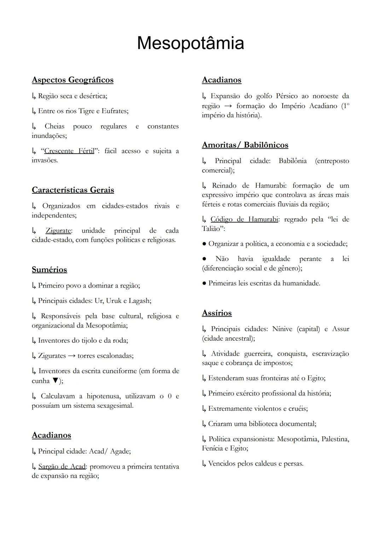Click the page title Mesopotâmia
(x=190, y=43)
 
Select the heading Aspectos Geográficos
(x=73, y=80)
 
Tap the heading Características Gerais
(x=73, y=190)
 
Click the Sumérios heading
(x=50, y=270)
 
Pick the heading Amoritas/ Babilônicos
(x=245, y=145)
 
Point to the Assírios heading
(x=217, y=313)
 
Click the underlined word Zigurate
(x=58, y=231)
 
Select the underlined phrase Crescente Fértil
(x=69, y=151)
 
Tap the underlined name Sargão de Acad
(x=62, y=467)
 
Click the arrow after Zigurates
(x=72, y=356)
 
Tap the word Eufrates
(x=115, y=111)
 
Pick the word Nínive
(x=282, y=329)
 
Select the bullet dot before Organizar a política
(x=204, y=244)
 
